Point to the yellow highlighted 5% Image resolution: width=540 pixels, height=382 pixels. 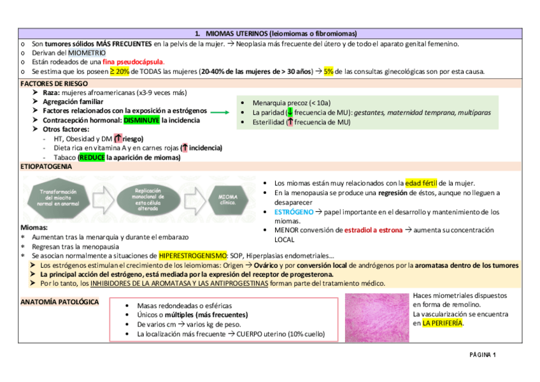[x=329, y=71]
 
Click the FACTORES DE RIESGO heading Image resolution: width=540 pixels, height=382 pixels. [x=50, y=84]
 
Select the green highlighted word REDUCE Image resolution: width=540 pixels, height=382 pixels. [x=92, y=157]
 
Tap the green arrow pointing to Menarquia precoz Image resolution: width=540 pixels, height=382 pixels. [x=220, y=112]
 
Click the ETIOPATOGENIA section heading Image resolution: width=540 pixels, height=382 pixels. [x=46, y=166]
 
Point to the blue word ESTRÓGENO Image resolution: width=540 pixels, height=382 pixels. [x=294, y=211]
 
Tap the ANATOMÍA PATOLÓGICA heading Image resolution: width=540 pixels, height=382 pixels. [x=59, y=302]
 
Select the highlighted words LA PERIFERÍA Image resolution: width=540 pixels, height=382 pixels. [x=443, y=323]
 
